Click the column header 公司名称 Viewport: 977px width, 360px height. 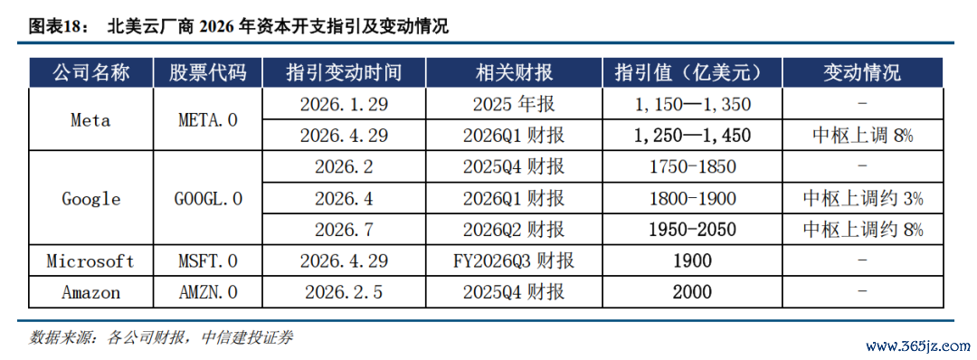(x=91, y=73)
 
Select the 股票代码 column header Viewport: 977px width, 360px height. (x=207, y=73)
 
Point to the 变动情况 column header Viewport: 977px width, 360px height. (x=862, y=73)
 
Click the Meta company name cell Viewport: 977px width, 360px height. (x=91, y=120)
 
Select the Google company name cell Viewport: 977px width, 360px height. (x=91, y=199)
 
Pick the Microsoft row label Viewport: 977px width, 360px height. (x=91, y=261)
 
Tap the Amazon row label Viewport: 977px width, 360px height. (x=91, y=292)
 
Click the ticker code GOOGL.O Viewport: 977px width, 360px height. (x=207, y=199)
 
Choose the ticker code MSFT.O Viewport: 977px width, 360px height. (x=207, y=261)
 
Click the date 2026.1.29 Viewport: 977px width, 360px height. (x=344, y=104)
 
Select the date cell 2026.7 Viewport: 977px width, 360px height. (x=344, y=230)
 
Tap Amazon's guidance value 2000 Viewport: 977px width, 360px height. (x=693, y=292)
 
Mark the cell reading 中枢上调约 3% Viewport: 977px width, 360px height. (x=862, y=199)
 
